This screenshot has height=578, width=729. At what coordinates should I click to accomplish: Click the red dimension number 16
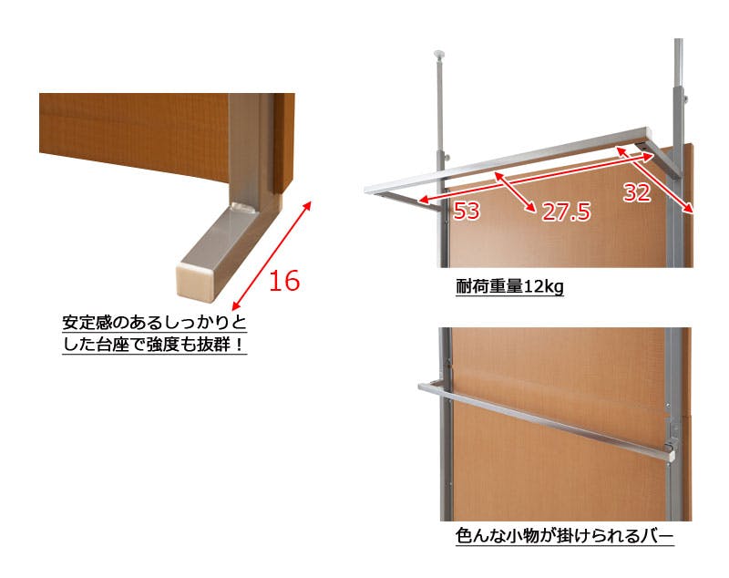(284, 281)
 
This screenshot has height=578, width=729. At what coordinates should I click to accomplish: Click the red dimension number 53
(467, 211)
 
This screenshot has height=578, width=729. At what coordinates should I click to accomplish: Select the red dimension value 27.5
(566, 212)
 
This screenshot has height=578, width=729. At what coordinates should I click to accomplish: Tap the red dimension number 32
(637, 192)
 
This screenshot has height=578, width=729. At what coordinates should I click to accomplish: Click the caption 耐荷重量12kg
(509, 286)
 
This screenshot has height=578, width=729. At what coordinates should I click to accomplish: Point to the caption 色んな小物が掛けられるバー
(564, 536)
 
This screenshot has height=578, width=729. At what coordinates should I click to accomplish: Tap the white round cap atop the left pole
(440, 54)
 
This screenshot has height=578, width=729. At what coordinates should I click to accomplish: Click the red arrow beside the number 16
(272, 255)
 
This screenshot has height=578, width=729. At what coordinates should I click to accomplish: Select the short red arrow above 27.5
(514, 191)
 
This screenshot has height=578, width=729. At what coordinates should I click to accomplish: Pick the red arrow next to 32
(654, 180)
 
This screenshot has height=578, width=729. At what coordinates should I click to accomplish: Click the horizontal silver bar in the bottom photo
(546, 420)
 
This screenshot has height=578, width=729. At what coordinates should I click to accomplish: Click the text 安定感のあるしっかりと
(154, 322)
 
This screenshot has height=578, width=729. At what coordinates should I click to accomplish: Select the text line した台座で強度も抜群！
(154, 345)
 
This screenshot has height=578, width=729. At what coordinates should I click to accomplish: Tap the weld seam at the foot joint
(243, 207)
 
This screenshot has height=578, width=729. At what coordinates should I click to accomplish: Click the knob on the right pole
(686, 99)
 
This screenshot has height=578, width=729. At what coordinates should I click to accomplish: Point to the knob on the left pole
(447, 158)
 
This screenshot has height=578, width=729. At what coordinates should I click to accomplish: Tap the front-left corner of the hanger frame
(368, 190)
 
